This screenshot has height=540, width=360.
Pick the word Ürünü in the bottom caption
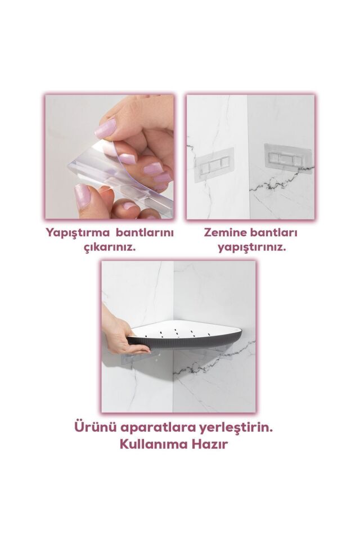click(93, 427)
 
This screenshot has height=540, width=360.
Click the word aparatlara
click(155, 427)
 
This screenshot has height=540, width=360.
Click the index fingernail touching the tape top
click(105, 129)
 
